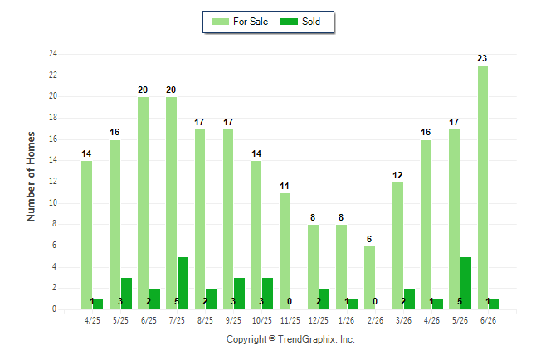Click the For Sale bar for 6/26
click(483, 187)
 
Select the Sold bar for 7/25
click(183, 283)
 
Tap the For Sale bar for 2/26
click(369, 278)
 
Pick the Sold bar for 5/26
click(465, 283)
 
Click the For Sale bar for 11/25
click(285, 251)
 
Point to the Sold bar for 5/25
click(126, 294)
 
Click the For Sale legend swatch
click(220, 22)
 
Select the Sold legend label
click(311, 22)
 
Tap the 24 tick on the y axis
click(53, 54)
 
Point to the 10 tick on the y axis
click(53, 202)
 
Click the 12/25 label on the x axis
click(319, 320)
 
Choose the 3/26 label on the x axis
click(403, 320)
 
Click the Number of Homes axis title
click(31, 177)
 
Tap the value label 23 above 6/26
click(482, 58)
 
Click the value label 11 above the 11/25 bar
click(285, 186)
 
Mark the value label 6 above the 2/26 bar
click(369, 239)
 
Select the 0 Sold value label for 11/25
click(290, 301)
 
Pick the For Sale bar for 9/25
click(228, 219)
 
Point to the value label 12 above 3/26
click(397, 175)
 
